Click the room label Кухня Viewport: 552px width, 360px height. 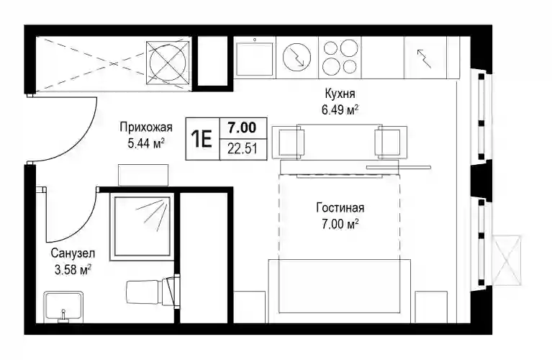coord(340,94)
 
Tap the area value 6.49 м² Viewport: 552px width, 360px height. coord(340,110)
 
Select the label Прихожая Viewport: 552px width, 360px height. coord(146,127)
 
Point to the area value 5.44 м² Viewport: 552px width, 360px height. coord(146,143)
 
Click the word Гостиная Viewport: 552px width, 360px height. coord(340,208)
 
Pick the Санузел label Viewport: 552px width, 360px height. coord(73,253)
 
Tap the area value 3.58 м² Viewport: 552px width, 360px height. coord(73,270)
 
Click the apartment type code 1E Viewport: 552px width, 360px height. coord(202,139)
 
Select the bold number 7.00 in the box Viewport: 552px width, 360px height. coord(242,127)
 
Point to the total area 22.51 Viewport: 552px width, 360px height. coord(243,149)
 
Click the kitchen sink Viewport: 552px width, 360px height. coord(255,59)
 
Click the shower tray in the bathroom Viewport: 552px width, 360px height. coord(142,227)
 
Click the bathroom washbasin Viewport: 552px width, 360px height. coord(63,307)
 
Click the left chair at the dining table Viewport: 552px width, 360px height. coord(289,142)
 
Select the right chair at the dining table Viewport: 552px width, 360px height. coord(391,142)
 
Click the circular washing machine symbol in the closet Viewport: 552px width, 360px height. coord(167,63)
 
